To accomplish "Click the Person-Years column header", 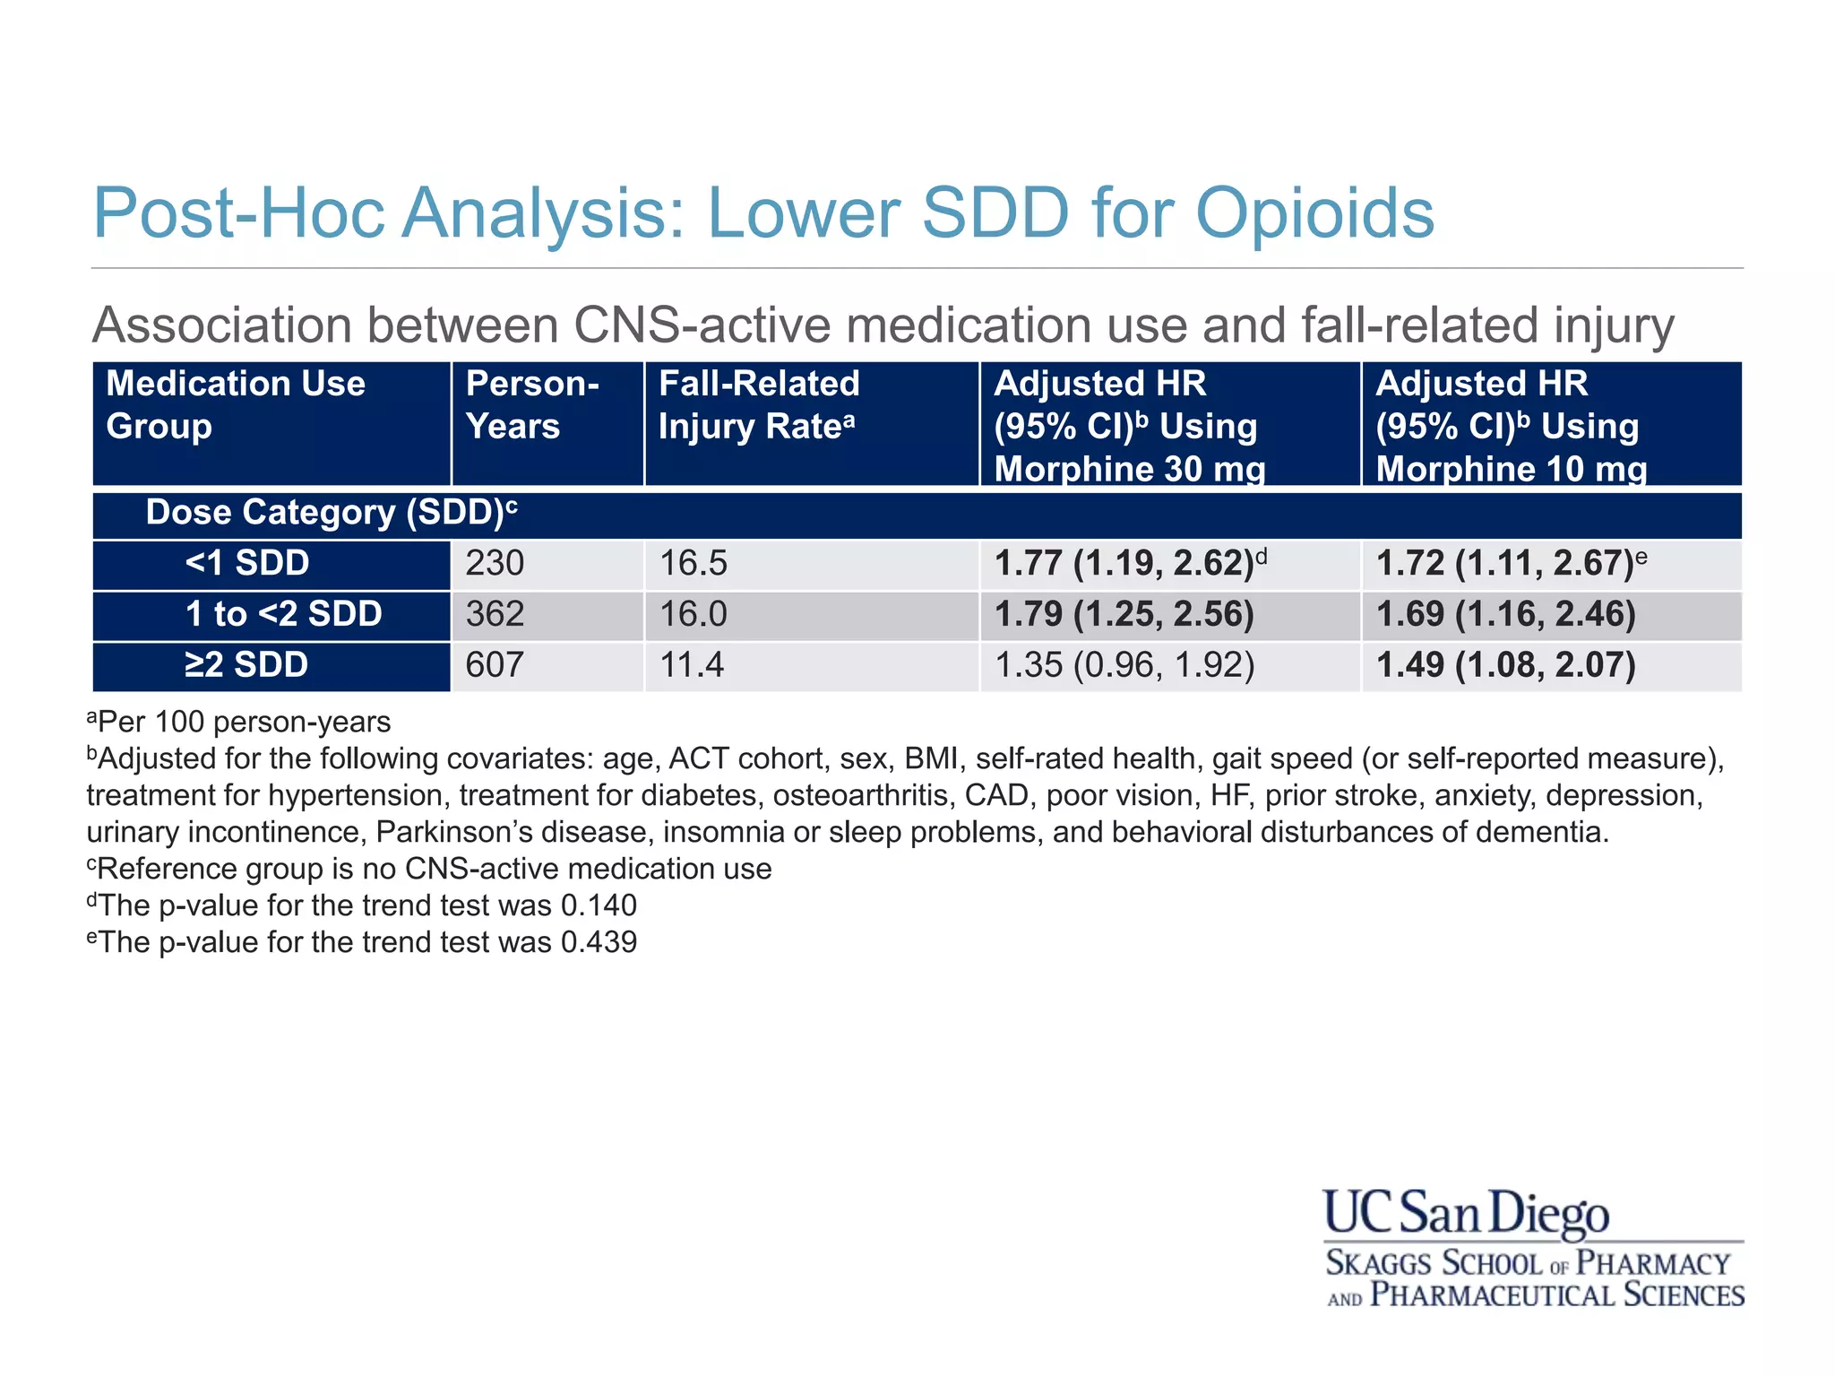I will tap(532, 405).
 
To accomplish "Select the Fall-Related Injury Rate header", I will tap(758, 405).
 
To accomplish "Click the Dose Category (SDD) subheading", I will tap(331, 513).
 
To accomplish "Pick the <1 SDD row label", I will tap(247, 564).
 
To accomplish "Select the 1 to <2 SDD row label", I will tap(283, 614).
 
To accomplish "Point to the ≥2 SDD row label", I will tap(247, 665).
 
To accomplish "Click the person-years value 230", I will tap(495, 564).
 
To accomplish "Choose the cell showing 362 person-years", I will tap(495, 614).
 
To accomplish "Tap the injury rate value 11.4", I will tap(693, 665).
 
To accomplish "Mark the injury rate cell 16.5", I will tap(693, 564).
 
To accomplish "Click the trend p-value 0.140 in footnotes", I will tap(599, 905).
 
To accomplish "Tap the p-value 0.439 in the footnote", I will tap(599, 942).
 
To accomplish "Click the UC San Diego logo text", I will tap(1466, 1214).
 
